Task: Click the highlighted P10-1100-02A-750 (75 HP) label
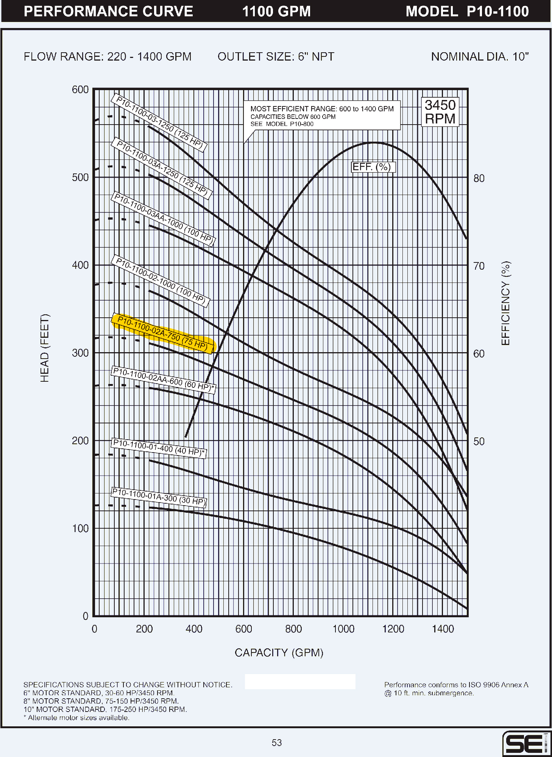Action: (x=163, y=333)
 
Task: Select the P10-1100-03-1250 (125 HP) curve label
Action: (x=159, y=123)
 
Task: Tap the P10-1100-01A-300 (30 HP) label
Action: (x=159, y=497)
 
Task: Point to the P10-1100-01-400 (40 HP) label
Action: (x=159, y=448)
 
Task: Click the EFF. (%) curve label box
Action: (x=373, y=167)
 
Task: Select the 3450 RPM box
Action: (x=440, y=112)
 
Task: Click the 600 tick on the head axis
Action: (x=80, y=90)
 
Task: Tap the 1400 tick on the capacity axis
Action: (x=443, y=629)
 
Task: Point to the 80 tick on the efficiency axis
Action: (x=479, y=178)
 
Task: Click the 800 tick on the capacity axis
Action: (x=293, y=629)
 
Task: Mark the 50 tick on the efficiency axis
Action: (x=479, y=442)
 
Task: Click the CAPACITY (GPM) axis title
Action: (x=279, y=652)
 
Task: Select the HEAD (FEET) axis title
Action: (x=45, y=348)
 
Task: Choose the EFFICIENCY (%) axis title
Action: (x=506, y=303)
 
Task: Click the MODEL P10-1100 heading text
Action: (x=467, y=11)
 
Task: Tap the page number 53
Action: (x=277, y=743)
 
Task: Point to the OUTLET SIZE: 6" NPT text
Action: (x=276, y=57)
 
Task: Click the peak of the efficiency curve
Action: (x=374, y=142)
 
